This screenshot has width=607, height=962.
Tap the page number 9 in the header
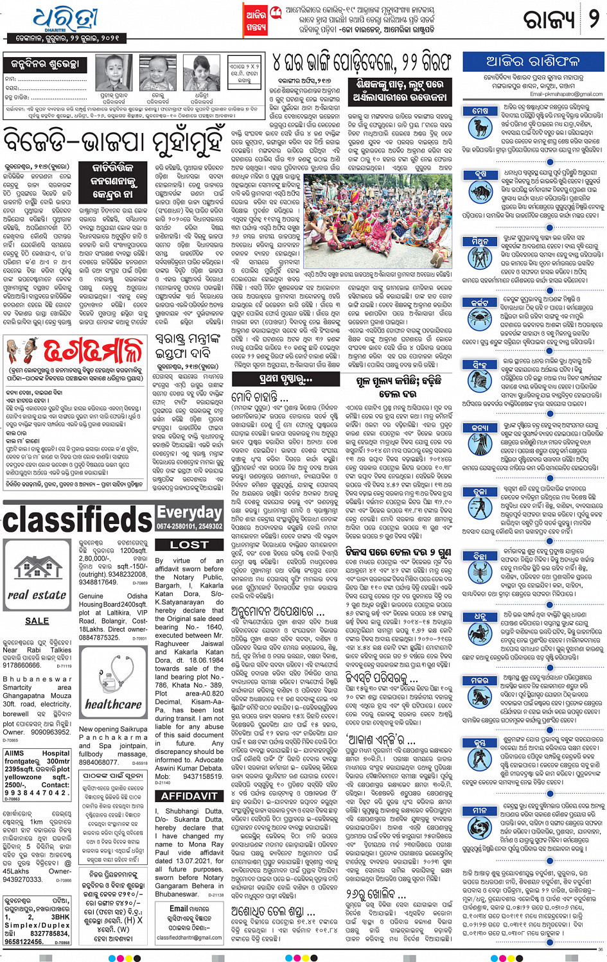(594, 19)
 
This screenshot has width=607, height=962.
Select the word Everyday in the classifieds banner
(189, 512)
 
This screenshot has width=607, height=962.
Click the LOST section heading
(189, 545)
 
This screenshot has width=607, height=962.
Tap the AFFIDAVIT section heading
(189, 796)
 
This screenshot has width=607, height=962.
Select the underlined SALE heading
(37, 621)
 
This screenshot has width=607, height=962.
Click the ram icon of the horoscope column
(480, 126)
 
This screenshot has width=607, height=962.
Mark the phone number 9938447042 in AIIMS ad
(37, 792)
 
